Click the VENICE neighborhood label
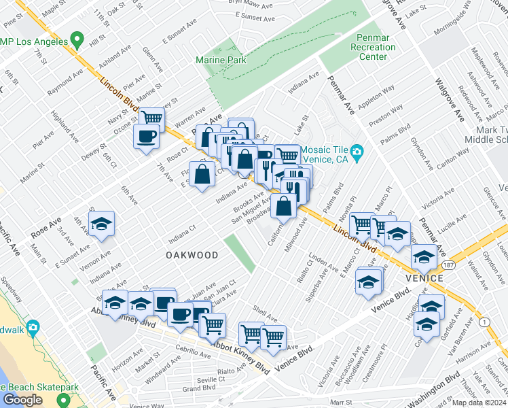click(425, 278)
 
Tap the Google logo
click(22, 399)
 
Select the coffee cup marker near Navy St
click(146, 137)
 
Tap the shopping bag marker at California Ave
click(283, 204)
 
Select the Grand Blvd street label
click(199, 388)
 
